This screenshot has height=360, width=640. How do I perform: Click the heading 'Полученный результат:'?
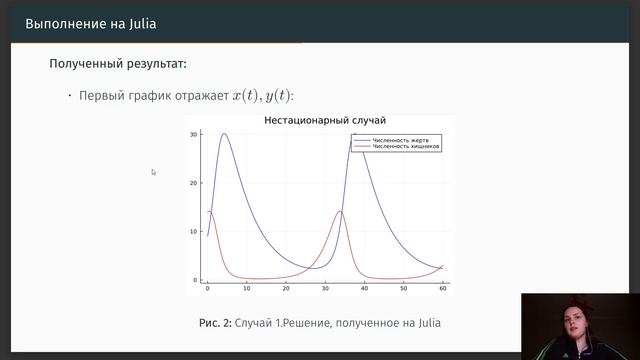(x=118, y=65)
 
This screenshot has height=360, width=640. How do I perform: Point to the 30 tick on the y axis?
(x=195, y=134)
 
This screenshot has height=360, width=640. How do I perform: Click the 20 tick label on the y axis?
(x=195, y=183)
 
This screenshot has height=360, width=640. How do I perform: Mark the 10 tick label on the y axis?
(x=195, y=231)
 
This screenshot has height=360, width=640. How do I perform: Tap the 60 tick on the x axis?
(x=442, y=288)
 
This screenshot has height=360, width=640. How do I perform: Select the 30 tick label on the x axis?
(x=325, y=288)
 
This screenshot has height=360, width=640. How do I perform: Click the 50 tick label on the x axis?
(x=403, y=288)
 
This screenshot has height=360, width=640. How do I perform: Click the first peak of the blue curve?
(x=225, y=134)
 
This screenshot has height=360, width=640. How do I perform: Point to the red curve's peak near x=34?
(x=341, y=211)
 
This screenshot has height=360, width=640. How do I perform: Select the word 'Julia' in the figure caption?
(x=424, y=323)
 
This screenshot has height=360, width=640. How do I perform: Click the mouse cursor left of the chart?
(x=153, y=172)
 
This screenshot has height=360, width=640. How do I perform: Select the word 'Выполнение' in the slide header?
(x=63, y=23)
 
